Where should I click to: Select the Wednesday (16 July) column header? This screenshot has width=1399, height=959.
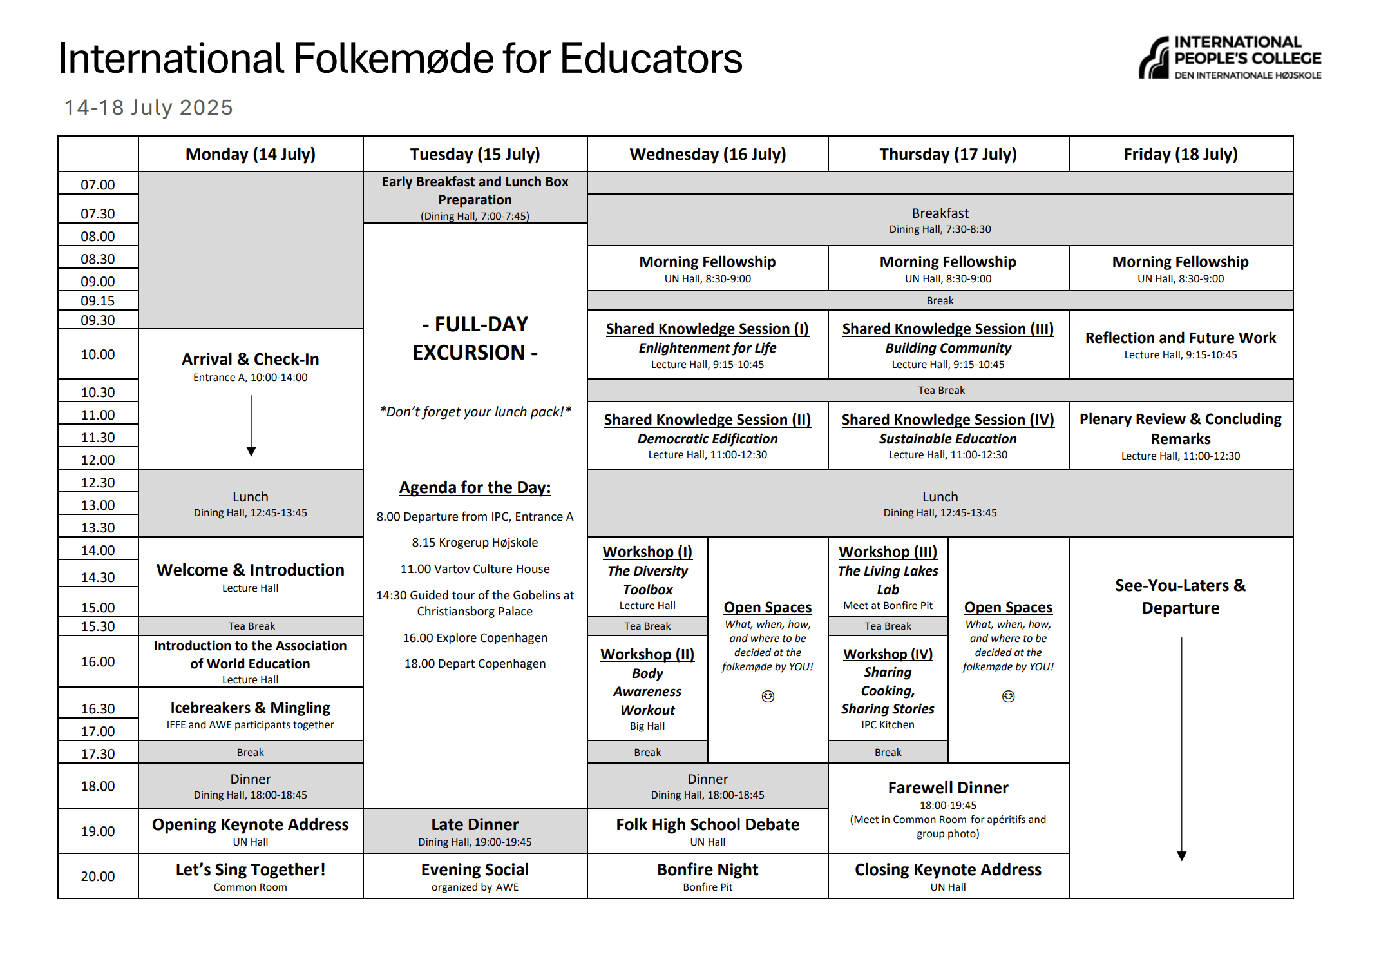point(707,154)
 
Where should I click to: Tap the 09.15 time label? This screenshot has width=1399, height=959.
point(98,301)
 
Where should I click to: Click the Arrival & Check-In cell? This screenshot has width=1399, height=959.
point(251,366)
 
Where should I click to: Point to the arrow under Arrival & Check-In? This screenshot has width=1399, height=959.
point(251,425)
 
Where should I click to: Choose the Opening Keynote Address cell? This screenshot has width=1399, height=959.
point(251,831)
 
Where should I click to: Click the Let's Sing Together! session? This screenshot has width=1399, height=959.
point(251,876)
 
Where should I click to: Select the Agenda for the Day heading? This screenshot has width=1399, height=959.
point(475,487)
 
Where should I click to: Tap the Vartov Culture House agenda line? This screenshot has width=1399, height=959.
point(475,569)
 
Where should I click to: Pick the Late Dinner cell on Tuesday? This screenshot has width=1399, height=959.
point(475,831)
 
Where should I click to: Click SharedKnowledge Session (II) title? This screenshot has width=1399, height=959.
point(707,420)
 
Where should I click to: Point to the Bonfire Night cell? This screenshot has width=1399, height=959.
point(707,876)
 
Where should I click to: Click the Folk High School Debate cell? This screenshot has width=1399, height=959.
point(707,831)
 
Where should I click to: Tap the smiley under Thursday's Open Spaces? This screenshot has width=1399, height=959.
point(1008,696)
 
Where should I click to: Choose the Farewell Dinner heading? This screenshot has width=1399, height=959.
point(948,788)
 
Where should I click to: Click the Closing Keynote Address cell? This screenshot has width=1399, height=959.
point(948,876)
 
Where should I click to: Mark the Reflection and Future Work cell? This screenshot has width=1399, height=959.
point(1180,344)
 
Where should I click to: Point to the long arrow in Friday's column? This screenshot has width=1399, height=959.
point(1181,748)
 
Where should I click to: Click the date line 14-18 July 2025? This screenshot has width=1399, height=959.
point(148,107)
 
